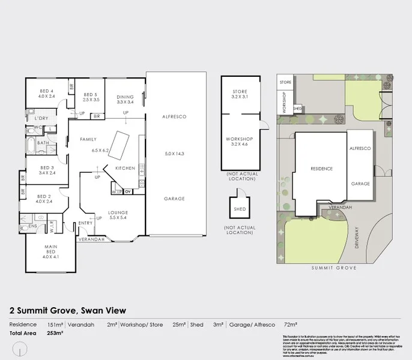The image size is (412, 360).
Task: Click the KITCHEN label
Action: coord(125,168)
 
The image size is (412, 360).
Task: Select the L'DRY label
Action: coord(41,118)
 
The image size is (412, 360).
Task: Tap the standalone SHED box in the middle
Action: coord(239,209)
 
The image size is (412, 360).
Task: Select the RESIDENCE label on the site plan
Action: coord(321,169)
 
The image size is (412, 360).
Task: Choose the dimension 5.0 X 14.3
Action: coord(174,155)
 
